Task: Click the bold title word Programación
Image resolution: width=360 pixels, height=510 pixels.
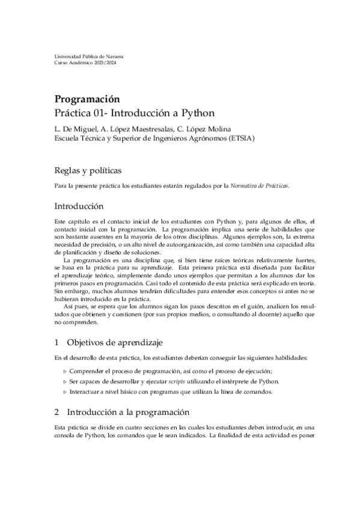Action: [x=88, y=99]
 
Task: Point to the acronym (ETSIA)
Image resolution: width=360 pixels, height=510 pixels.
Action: [x=237, y=138]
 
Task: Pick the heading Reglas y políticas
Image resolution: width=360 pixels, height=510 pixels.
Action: [x=88, y=170]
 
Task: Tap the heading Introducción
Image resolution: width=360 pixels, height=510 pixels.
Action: [x=83, y=206]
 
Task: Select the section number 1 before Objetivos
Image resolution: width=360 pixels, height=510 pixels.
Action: [x=56, y=343]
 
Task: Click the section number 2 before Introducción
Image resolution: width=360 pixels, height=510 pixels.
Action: [x=56, y=413]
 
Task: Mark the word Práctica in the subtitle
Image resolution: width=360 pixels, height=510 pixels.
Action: [x=75, y=112]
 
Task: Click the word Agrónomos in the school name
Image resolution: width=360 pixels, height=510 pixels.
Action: [x=203, y=138]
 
